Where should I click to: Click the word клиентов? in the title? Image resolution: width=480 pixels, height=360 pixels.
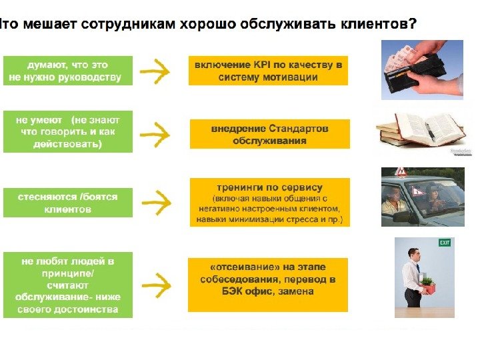(379, 25)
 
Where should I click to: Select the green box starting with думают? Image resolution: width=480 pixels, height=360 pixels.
(68, 71)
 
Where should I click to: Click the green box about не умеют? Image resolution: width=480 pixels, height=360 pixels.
(68, 132)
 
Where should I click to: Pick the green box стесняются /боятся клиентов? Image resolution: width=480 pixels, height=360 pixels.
(68, 203)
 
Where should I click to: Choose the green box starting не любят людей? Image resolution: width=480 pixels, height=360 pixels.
(68, 285)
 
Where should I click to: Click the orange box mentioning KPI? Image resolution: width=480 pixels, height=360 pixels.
(269, 71)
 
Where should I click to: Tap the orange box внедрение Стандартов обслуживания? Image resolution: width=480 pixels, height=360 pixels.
(269, 134)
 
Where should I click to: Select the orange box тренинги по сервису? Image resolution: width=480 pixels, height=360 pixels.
(269, 202)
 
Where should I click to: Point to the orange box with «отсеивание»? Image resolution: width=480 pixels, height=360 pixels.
(268, 285)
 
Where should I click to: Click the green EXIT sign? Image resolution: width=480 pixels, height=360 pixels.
(445, 243)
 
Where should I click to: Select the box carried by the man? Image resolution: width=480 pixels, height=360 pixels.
(427, 289)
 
